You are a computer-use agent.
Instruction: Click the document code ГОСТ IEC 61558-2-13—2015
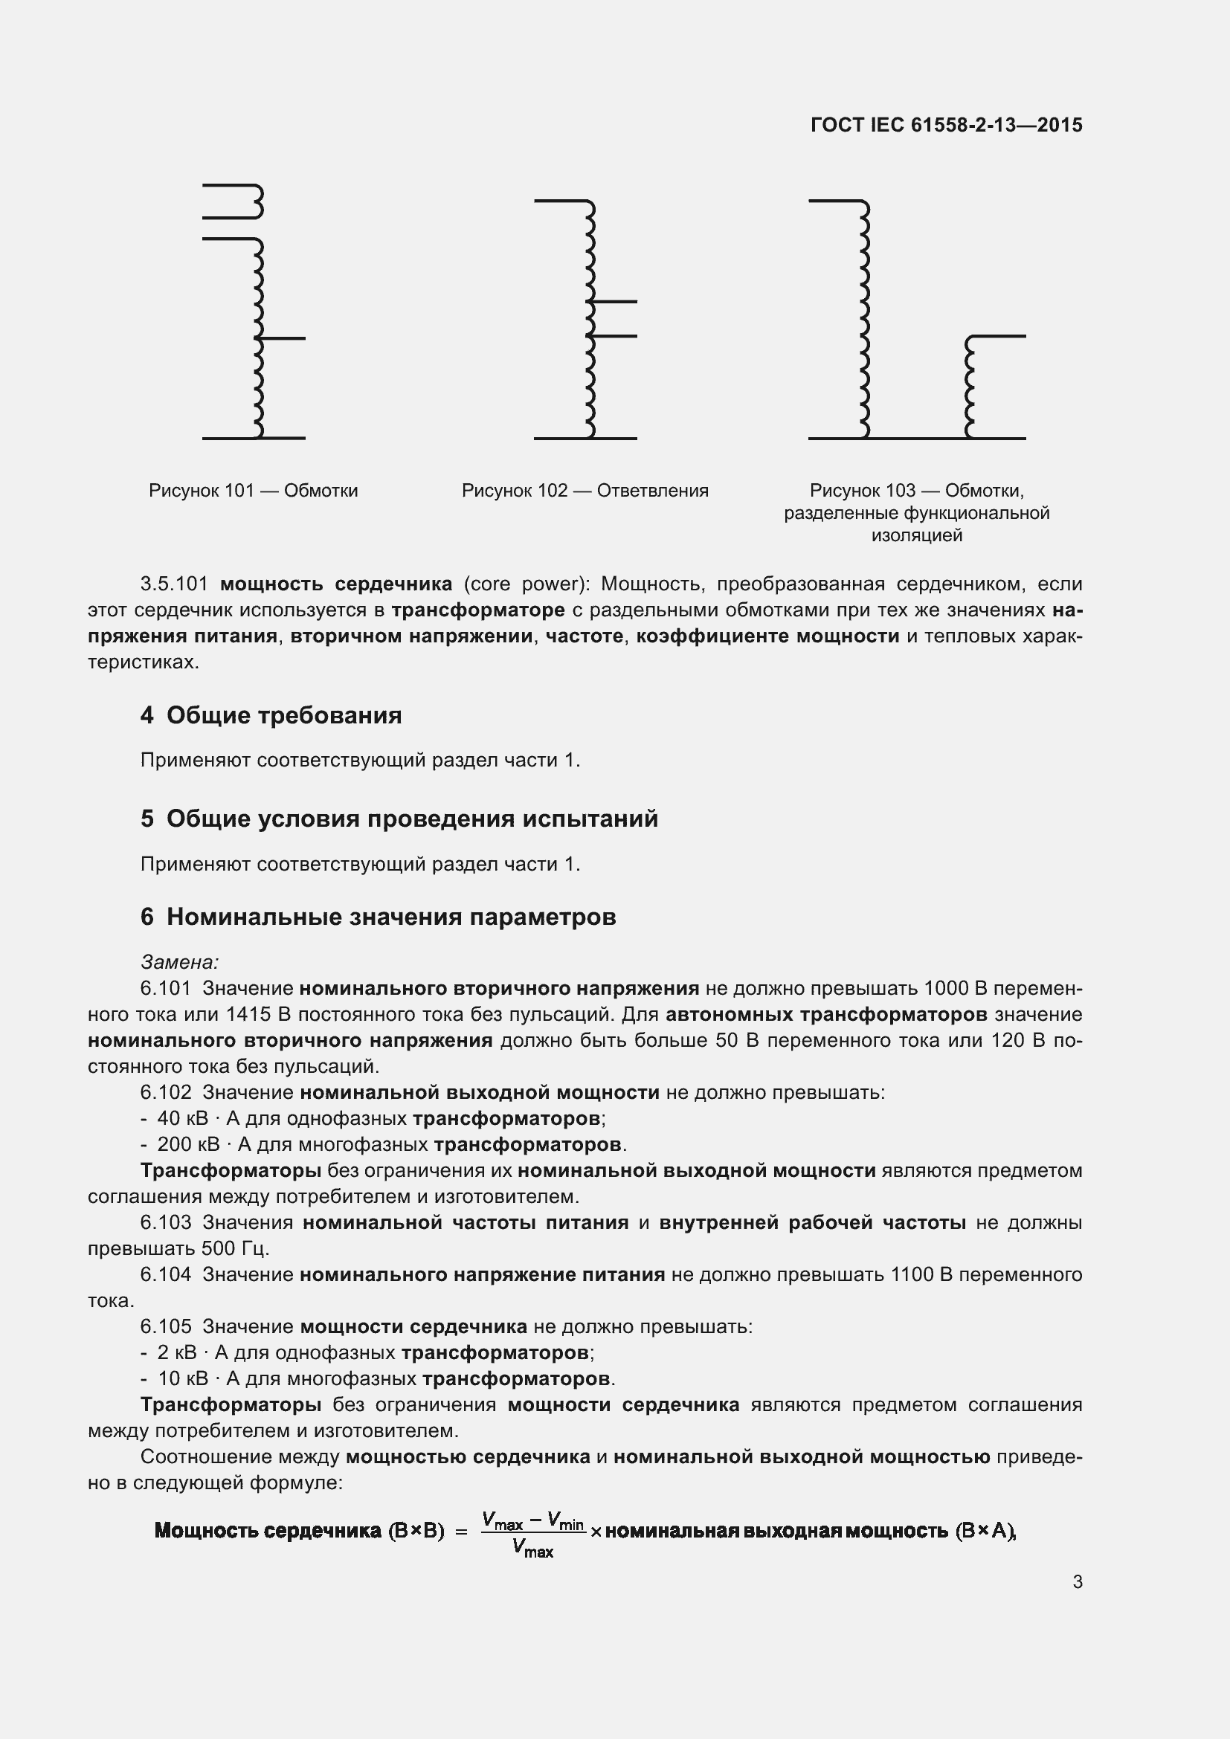pos(946,125)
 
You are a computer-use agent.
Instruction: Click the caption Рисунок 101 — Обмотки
pos(253,491)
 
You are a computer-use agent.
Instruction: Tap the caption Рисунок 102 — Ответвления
pos(585,491)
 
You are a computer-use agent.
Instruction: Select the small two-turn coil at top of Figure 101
pos(256,201)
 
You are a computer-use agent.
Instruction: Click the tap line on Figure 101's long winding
pos(284,338)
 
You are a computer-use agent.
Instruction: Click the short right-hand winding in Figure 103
pos(970,387)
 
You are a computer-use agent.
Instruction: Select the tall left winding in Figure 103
pos(865,318)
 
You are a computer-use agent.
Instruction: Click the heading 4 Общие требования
pos(271,715)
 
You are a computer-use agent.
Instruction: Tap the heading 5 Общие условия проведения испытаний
pos(399,819)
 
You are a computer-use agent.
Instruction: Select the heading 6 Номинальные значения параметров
pos(377,917)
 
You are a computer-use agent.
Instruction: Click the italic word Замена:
pos(179,962)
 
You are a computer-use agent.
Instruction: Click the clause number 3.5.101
pos(173,584)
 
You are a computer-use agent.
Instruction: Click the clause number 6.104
pos(165,1274)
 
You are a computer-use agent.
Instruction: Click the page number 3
pos(1077,1582)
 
